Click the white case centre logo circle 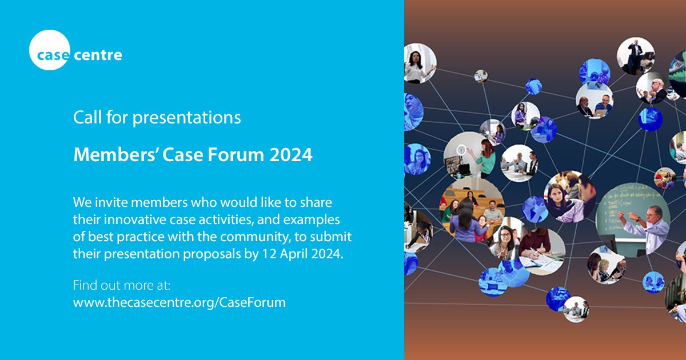49,50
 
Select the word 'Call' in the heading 86,118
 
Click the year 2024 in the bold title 291,154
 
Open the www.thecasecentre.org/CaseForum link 179,302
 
